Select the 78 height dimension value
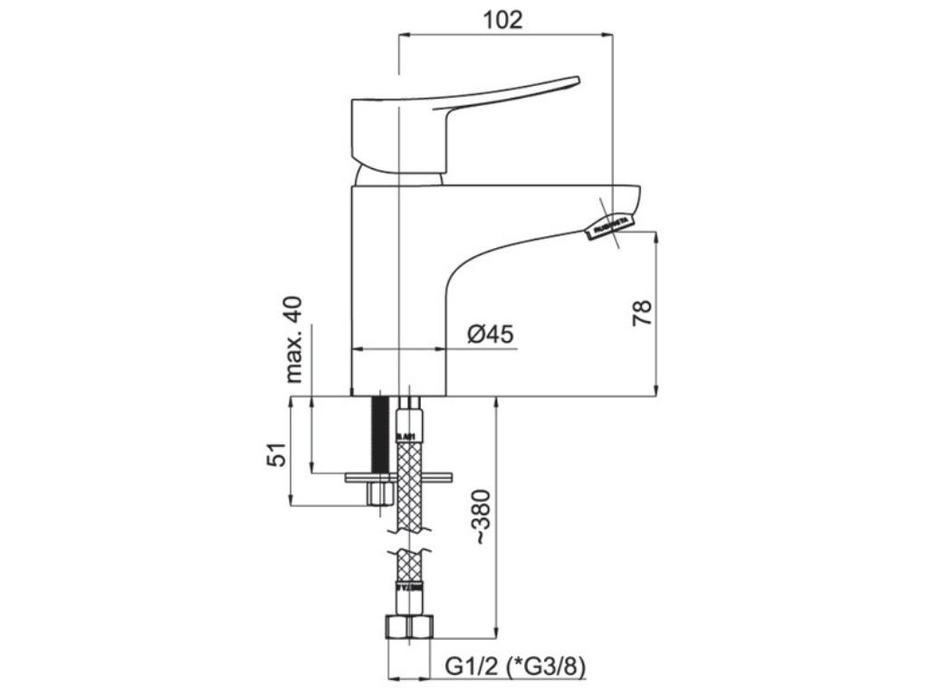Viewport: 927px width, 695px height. [x=642, y=314]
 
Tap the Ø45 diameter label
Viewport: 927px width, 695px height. [x=491, y=335]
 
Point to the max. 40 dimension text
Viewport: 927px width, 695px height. [x=294, y=338]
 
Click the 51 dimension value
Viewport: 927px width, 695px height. [x=277, y=453]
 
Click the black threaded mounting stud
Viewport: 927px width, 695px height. [x=380, y=433]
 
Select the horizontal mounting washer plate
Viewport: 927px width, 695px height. [x=398, y=476]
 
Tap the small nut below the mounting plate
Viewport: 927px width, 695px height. [x=378, y=494]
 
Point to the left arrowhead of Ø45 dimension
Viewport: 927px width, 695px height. [x=354, y=348]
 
